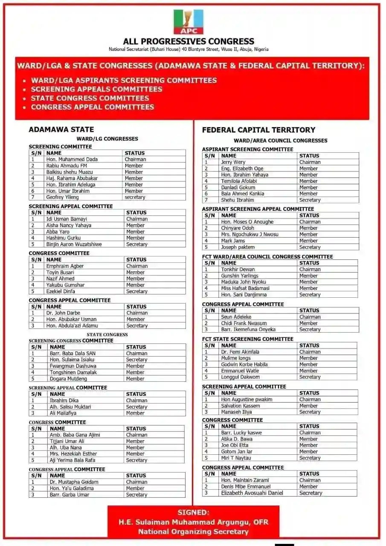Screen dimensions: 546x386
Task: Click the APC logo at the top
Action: click(188, 22)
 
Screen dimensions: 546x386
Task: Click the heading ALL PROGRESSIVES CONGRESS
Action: click(189, 41)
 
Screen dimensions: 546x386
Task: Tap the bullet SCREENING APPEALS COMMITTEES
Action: click(96, 89)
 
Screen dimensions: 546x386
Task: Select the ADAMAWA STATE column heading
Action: click(61, 129)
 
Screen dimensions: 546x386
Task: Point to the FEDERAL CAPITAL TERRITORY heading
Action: click(258, 130)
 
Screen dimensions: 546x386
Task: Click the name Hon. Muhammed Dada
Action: click(72, 159)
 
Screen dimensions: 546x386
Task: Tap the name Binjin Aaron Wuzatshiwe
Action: click(74, 244)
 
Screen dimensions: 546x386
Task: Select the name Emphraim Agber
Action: click(65, 266)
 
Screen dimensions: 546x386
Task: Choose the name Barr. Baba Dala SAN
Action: click(73, 353)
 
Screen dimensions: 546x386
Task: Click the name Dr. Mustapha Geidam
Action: click(74, 482)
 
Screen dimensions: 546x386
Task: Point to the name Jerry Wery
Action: click(233, 162)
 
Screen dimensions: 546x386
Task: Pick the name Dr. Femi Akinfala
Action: click(240, 352)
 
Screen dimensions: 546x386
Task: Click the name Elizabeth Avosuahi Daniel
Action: click(252, 493)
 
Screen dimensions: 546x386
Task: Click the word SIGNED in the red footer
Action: click(193, 512)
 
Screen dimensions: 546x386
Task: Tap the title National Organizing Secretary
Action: click(193, 531)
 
